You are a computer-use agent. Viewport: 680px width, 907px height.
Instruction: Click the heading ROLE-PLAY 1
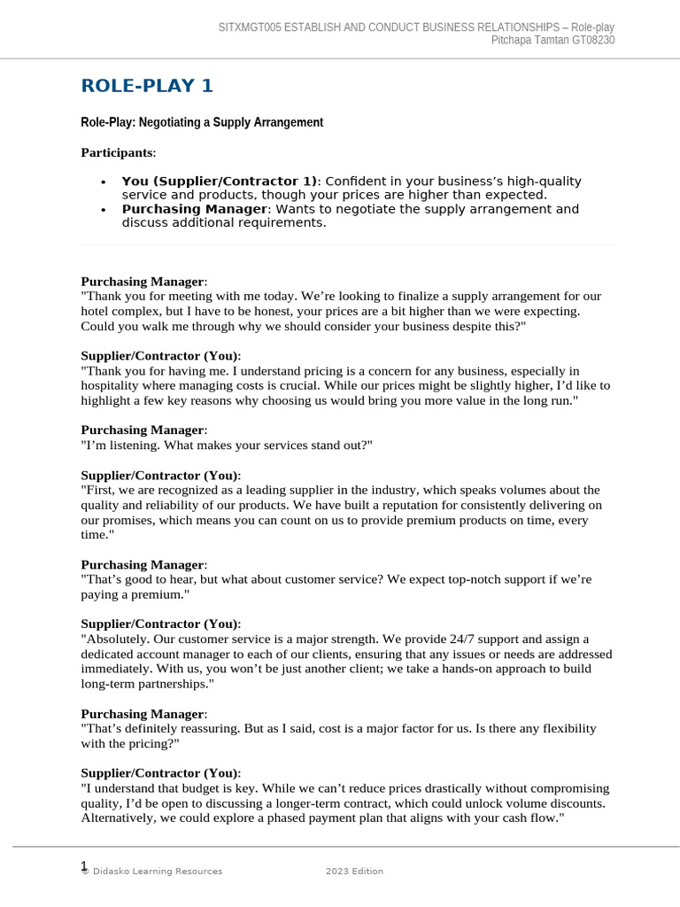(147, 86)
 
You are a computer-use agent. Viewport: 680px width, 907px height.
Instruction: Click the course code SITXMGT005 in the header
(249, 27)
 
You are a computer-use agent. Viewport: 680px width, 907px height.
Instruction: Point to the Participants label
(117, 153)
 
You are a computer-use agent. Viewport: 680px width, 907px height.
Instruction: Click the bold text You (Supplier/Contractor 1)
(218, 182)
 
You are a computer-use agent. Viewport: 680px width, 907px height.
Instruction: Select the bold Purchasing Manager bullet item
(194, 209)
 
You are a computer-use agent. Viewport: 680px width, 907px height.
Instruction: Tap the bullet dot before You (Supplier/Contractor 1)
(104, 182)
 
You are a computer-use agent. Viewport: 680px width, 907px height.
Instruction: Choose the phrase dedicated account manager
(156, 655)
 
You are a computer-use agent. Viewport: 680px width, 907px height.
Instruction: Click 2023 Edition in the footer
(354, 872)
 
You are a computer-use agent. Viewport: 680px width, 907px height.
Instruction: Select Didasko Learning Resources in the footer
(156, 872)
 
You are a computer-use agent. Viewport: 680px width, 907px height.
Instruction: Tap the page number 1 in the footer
(84, 866)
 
